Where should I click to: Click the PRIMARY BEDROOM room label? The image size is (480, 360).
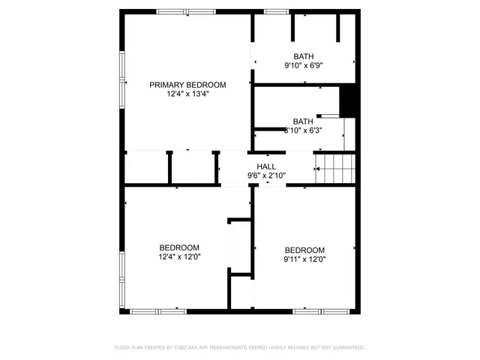tap(187, 85)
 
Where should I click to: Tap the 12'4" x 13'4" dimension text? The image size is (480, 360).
tap(187, 94)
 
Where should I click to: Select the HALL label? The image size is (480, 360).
tap(266, 166)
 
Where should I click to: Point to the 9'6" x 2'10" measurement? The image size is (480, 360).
tap(266, 175)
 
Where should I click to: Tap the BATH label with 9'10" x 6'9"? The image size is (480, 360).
tap(304, 56)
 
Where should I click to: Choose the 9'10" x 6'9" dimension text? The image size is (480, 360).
tap(304, 66)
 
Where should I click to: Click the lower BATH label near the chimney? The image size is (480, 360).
tap(303, 121)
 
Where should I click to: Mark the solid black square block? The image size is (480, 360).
tap(348, 100)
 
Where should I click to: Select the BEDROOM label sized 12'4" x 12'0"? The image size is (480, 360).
tap(179, 247)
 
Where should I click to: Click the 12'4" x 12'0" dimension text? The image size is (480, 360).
tap(179, 256)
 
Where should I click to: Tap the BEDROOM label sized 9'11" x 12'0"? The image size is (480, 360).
tap(304, 250)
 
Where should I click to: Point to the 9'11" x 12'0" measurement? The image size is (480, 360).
tap(304, 259)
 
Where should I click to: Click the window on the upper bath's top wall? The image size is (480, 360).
tap(276, 11)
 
